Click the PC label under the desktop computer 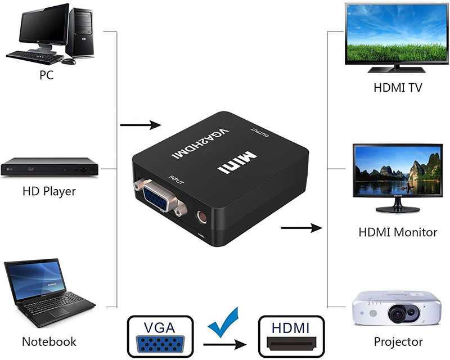47,75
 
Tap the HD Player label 49,191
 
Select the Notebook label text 49,341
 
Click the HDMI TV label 398,88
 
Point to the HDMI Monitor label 398,232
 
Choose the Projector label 398,341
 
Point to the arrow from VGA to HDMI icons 225,343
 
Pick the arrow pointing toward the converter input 141,125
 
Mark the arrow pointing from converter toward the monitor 301,228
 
